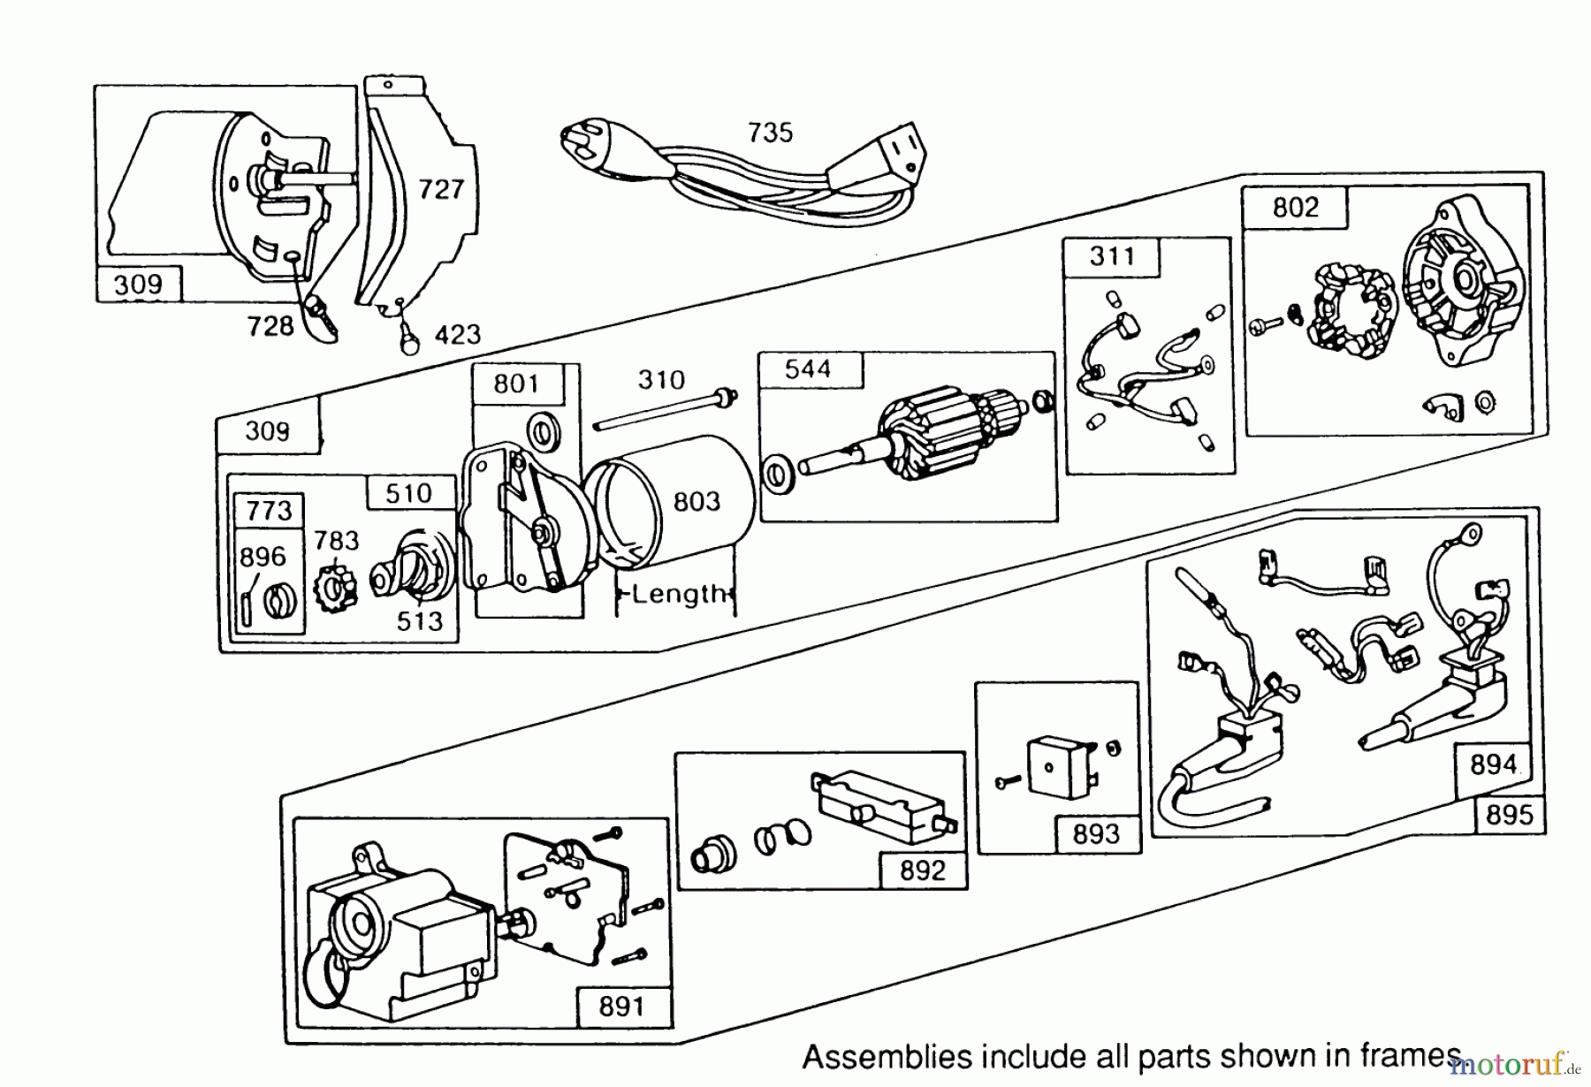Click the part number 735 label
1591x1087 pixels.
point(770,133)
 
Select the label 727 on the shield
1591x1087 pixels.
point(440,189)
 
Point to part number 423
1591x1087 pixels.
point(457,334)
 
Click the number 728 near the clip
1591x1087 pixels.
point(270,326)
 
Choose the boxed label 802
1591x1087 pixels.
point(1295,208)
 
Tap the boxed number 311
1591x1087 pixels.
point(1112,256)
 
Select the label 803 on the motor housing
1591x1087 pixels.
point(697,502)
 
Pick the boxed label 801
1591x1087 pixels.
point(516,384)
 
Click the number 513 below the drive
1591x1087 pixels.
point(419,621)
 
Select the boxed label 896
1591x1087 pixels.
point(263,557)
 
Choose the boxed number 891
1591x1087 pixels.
point(621,1006)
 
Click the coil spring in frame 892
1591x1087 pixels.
point(781,837)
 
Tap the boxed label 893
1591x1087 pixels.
point(1095,833)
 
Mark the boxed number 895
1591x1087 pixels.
point(1509,814)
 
